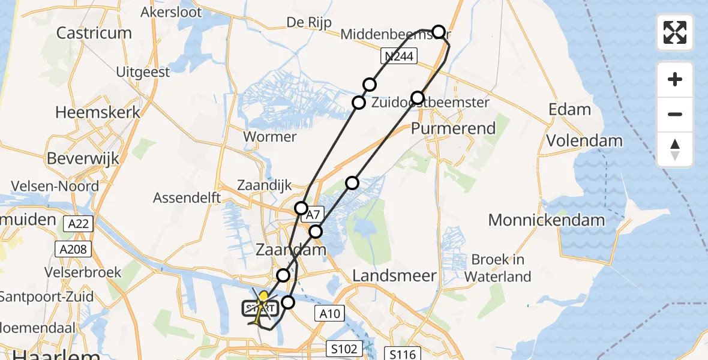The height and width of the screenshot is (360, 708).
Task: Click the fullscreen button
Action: tap(675, 32)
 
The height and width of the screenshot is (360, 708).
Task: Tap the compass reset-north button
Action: tap(675, 149)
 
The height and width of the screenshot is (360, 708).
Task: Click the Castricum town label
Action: tap(94, 32)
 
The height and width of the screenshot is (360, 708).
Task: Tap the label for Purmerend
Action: tap(454, 128)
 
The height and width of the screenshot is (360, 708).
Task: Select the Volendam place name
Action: tap(584, 141)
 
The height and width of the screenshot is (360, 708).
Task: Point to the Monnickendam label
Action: tap(547, 220)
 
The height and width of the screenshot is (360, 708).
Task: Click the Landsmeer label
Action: tap(394, 275)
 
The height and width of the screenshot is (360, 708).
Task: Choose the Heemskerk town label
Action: tap(98, 112)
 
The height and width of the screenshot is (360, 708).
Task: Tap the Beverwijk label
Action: tap(83, 159)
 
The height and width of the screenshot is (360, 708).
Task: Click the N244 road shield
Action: tap(399, 56)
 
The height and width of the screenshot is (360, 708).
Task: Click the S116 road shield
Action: tap(402, 354)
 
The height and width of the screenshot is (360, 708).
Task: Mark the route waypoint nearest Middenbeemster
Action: tap(439, 32)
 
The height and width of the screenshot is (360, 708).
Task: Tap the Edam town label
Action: tap(569, 110)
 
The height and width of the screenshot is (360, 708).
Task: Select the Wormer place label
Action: tap(270, 137)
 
